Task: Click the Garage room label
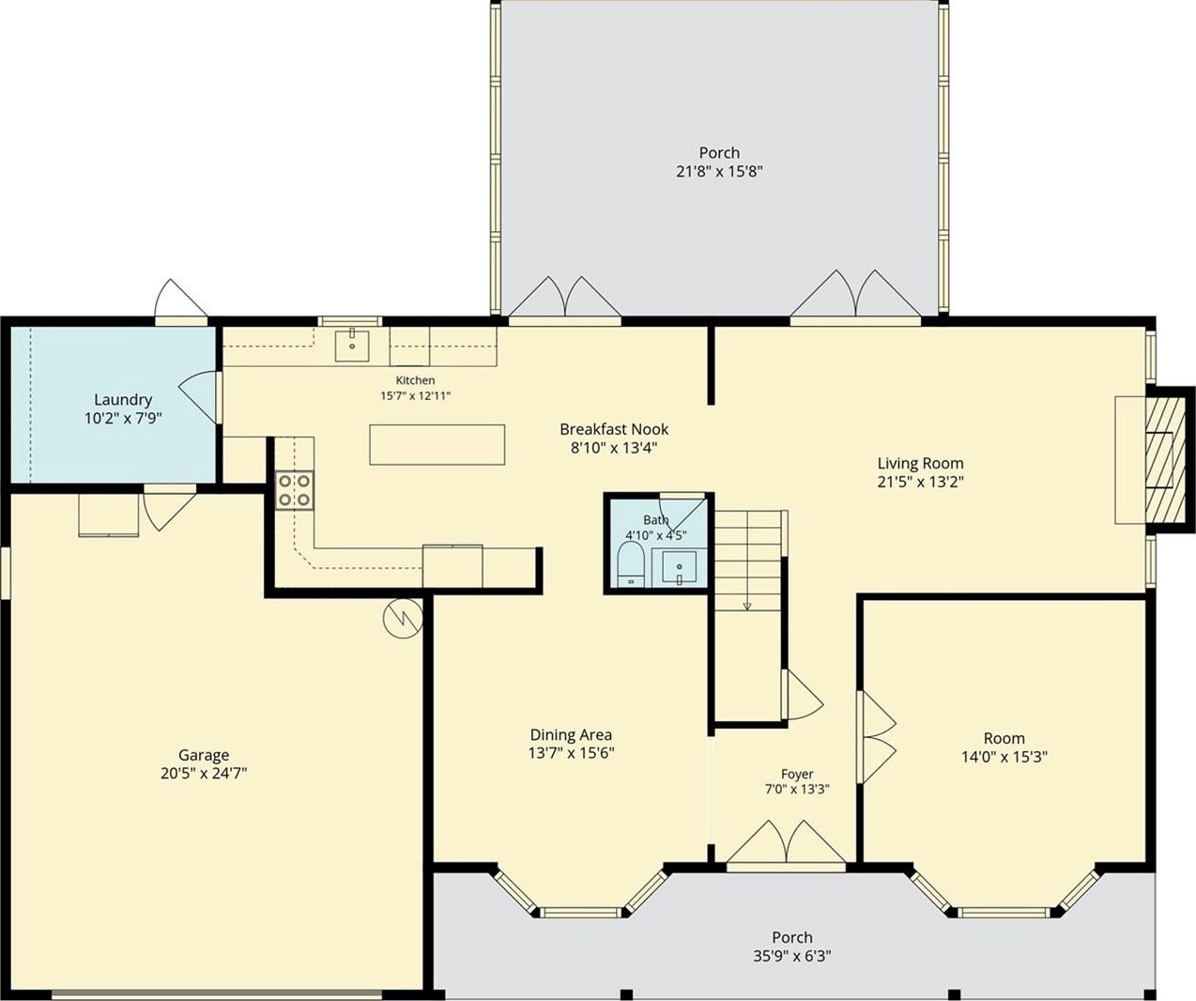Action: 204,755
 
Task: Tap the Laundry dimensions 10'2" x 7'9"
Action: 123,418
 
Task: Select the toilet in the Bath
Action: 631,563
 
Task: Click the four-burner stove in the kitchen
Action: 295,490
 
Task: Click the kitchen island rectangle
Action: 437,444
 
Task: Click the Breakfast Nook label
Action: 614,428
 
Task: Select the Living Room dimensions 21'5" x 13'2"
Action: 921,482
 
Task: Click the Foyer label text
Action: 797,774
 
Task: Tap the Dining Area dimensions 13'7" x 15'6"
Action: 571,752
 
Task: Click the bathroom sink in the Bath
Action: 680,568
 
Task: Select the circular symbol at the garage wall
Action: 404,618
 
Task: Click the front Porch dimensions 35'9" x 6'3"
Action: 792,955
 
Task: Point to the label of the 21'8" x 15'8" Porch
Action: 719,153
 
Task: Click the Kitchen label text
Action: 415,380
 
